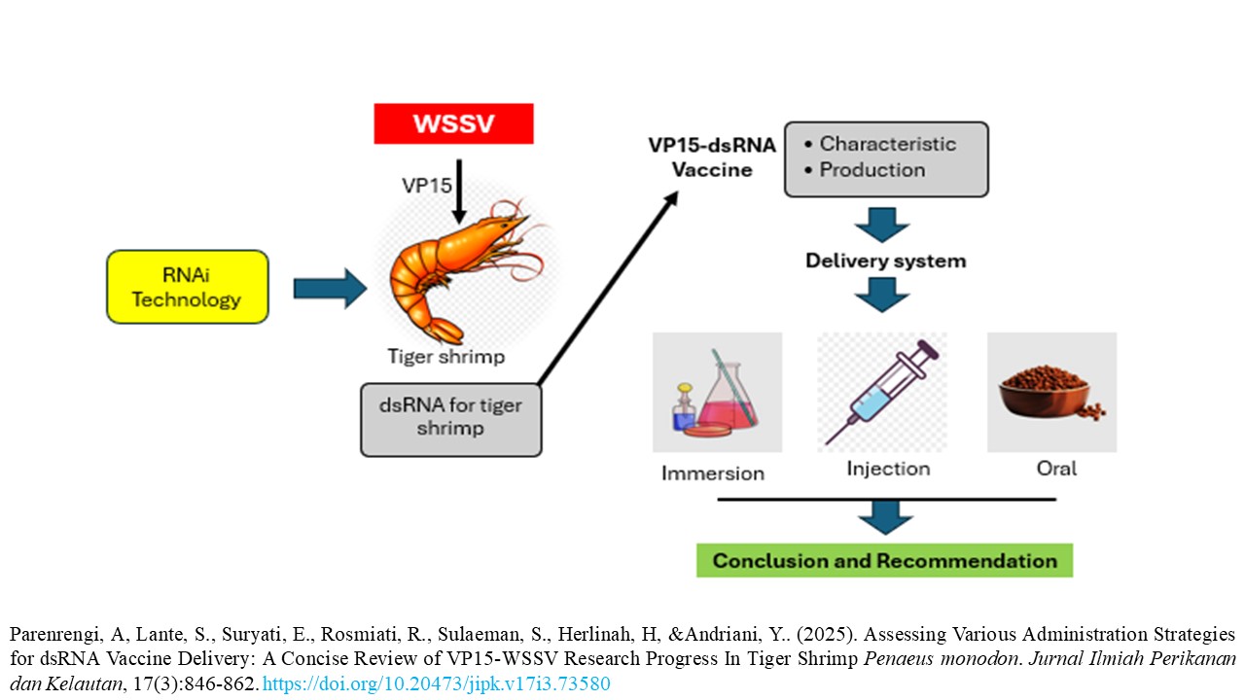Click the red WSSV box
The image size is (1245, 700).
(x=453, y=123)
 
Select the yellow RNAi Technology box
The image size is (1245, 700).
(x=187, y=287)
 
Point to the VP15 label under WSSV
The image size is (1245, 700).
(x=424, y=185)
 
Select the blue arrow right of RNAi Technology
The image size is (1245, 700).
(x=330, y=289)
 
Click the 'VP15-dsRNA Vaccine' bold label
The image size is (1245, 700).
(x=714, y=157)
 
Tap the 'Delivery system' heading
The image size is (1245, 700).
(x=885, y=261)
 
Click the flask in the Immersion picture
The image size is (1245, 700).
(x=728, y=394)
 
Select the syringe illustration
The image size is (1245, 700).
(x=881, y=391)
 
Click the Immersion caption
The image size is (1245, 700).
(x=713, y=473)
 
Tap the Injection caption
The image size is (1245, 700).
(x=888, y=469)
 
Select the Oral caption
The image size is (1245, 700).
(x=1056, y=469)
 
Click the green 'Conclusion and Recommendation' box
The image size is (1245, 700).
(x=884, y=561)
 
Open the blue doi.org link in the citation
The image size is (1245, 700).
(x=436, y=684)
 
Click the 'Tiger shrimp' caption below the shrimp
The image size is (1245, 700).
(x=446, y=356)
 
